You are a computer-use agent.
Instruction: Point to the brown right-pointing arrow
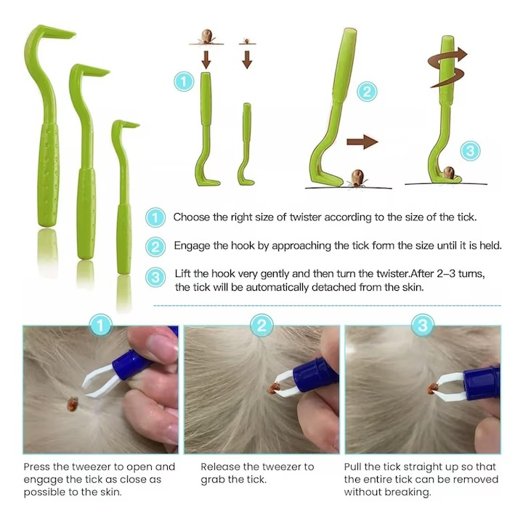362,141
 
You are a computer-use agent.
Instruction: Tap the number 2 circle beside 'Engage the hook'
155,246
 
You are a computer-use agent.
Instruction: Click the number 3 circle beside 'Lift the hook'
155,277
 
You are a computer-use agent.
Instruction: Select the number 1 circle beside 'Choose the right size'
155,217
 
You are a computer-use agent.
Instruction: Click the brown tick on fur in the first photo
73,401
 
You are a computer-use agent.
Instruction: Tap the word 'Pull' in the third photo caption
354,467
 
